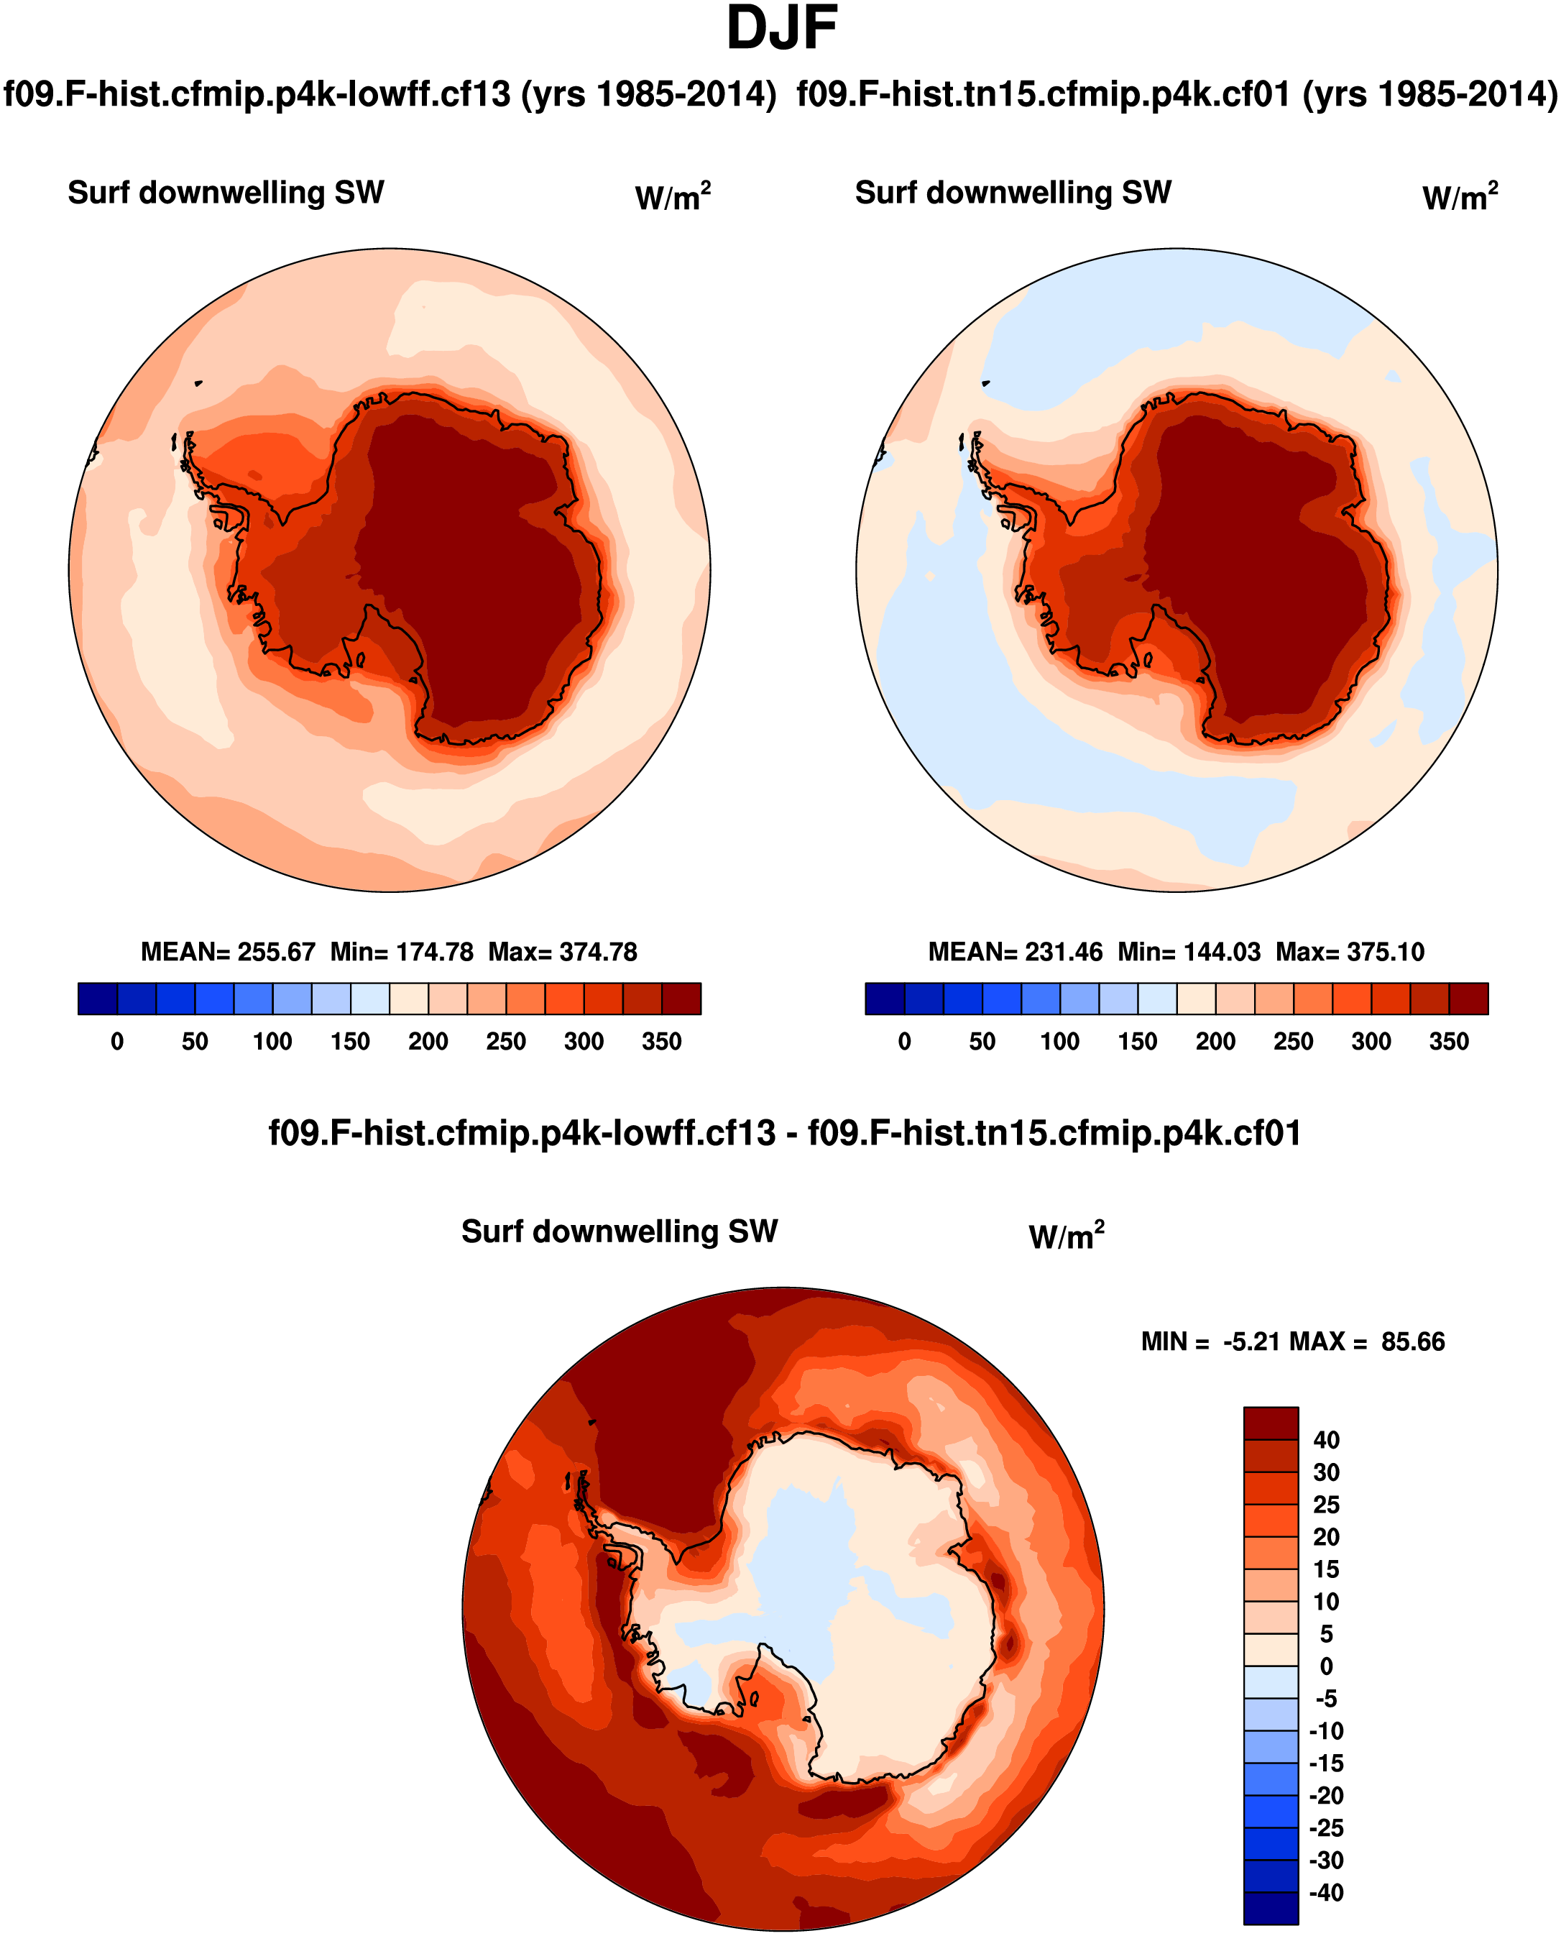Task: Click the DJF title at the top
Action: (780, 29)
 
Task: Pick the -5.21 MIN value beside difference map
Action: (1252, 1341)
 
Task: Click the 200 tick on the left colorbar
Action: (428, 1041)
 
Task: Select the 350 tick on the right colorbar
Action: (1449, 1041)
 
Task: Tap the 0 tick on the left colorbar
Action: (117, 1041)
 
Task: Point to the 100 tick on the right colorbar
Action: (1059, 1041)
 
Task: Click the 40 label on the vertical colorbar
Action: (1326, 1440)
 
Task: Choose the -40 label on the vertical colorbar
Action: (1326, 1893)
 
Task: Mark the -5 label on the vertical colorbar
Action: (1326, 1699)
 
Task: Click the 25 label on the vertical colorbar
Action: (1326, 1505)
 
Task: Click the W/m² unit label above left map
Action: (673, 196)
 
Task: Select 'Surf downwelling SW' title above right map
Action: (1013, 193)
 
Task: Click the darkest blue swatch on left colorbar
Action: (97, 998)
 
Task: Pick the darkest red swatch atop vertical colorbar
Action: (1271, 1423)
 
